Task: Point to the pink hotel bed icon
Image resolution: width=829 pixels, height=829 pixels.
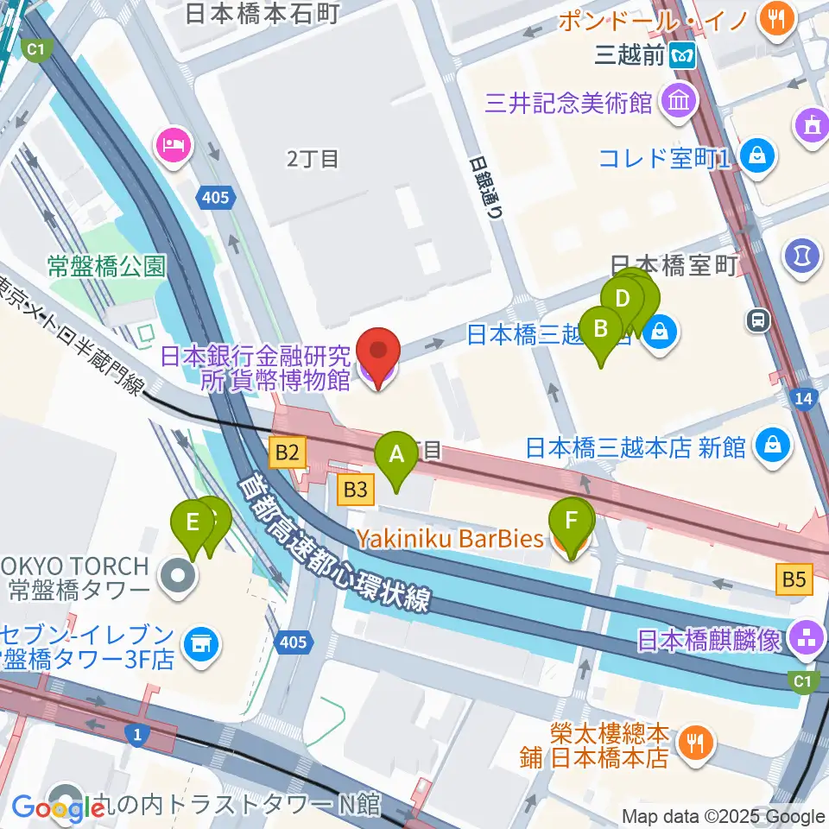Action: point(172,145)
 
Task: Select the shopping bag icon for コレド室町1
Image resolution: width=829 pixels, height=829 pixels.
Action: point(757,158)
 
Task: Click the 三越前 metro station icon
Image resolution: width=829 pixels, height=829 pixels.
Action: point(684,55)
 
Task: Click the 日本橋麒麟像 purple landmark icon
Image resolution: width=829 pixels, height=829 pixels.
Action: point(806,639)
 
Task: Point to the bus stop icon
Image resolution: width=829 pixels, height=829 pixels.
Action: point(759,320)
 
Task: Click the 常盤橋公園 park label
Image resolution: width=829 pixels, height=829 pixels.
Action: point(105,266)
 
